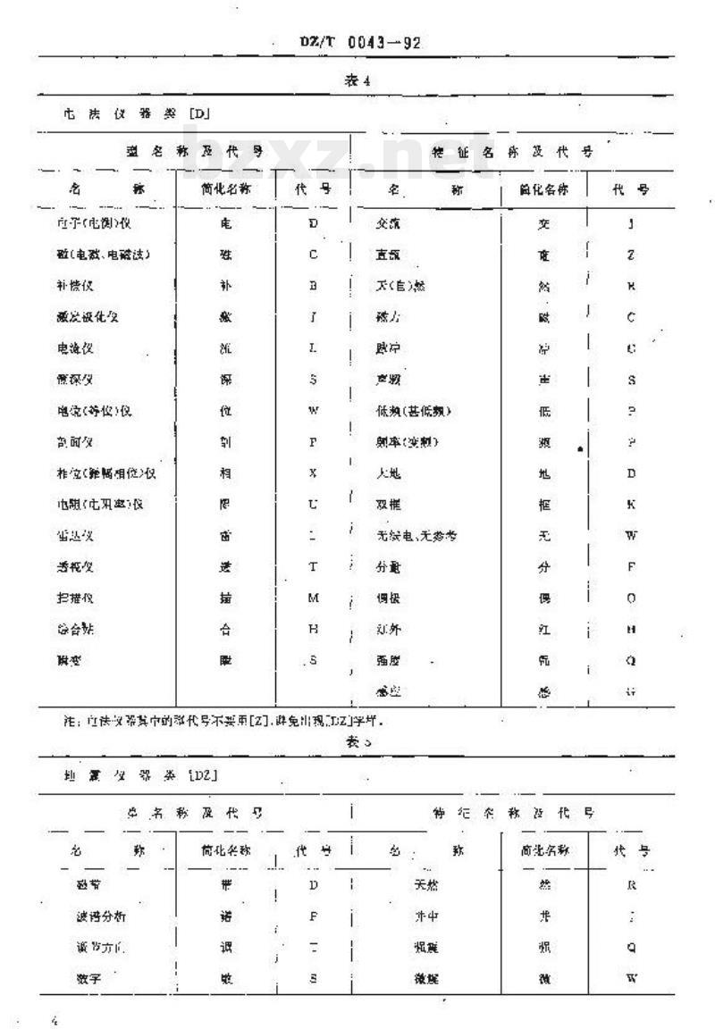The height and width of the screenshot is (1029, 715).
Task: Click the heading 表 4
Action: point(357,80)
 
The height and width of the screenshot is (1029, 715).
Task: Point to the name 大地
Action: point(388,473)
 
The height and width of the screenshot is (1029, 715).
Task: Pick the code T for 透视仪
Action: point(314,566)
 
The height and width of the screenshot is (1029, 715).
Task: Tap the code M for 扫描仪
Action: point(314,597)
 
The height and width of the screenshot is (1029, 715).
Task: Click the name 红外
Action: point(388,628)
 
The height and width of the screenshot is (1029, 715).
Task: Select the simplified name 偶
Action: point(543,597)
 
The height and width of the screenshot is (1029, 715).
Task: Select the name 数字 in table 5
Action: point(90,979)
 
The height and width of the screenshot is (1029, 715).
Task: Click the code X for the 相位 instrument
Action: point(314,473)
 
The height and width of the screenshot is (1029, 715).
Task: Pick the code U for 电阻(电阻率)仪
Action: point(314,504)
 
